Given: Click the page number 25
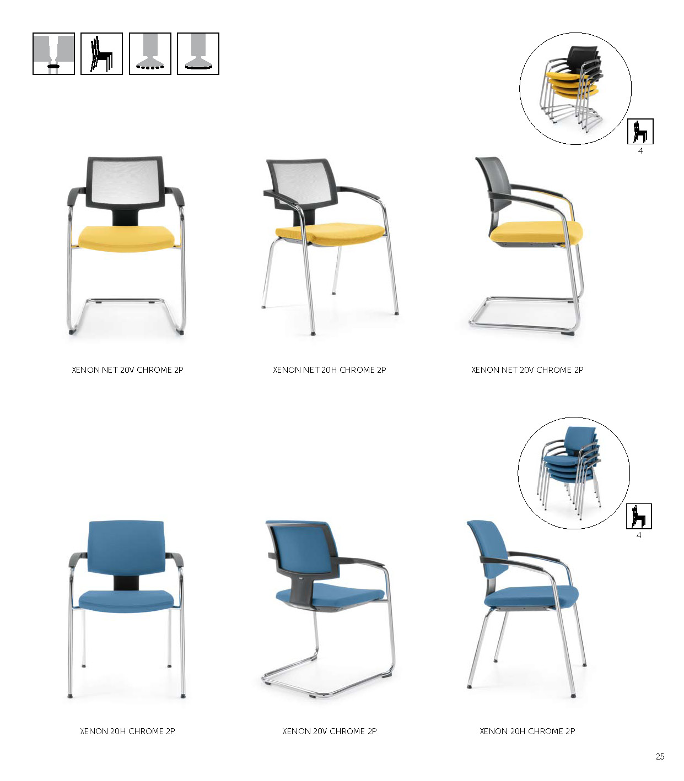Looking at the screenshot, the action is click(x=660, y=756).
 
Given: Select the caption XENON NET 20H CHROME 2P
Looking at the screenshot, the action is click(x=329, y=370).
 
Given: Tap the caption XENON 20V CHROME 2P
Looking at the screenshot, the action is click(x=329, y=731).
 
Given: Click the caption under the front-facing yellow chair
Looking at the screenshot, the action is click(x=127, y=370).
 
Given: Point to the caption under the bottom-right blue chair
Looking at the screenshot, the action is click(x=527, y=731).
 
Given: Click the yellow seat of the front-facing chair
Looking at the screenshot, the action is click(x=126, y=238).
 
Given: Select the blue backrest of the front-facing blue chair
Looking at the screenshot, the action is click(x=126, y=547).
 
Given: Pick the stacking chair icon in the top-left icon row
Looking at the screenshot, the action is click(x=101, y=53).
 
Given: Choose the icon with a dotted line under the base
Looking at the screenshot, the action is click(x=150, y=53).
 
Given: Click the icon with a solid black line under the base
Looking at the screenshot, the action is click(x=198, y=53).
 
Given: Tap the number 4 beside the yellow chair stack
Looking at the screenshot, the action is click(x=640, y=151).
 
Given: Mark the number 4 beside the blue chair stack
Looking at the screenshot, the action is click(x=639, y=535).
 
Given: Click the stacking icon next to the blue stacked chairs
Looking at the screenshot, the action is click(x=639, y=516).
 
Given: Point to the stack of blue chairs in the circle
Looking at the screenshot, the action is click(x=569, y=471).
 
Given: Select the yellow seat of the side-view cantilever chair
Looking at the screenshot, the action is click(x=536, y=231).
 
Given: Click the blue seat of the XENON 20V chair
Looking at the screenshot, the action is click(x=330, y=595).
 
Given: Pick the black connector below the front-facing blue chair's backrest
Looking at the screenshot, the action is click(x=126, y=582).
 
